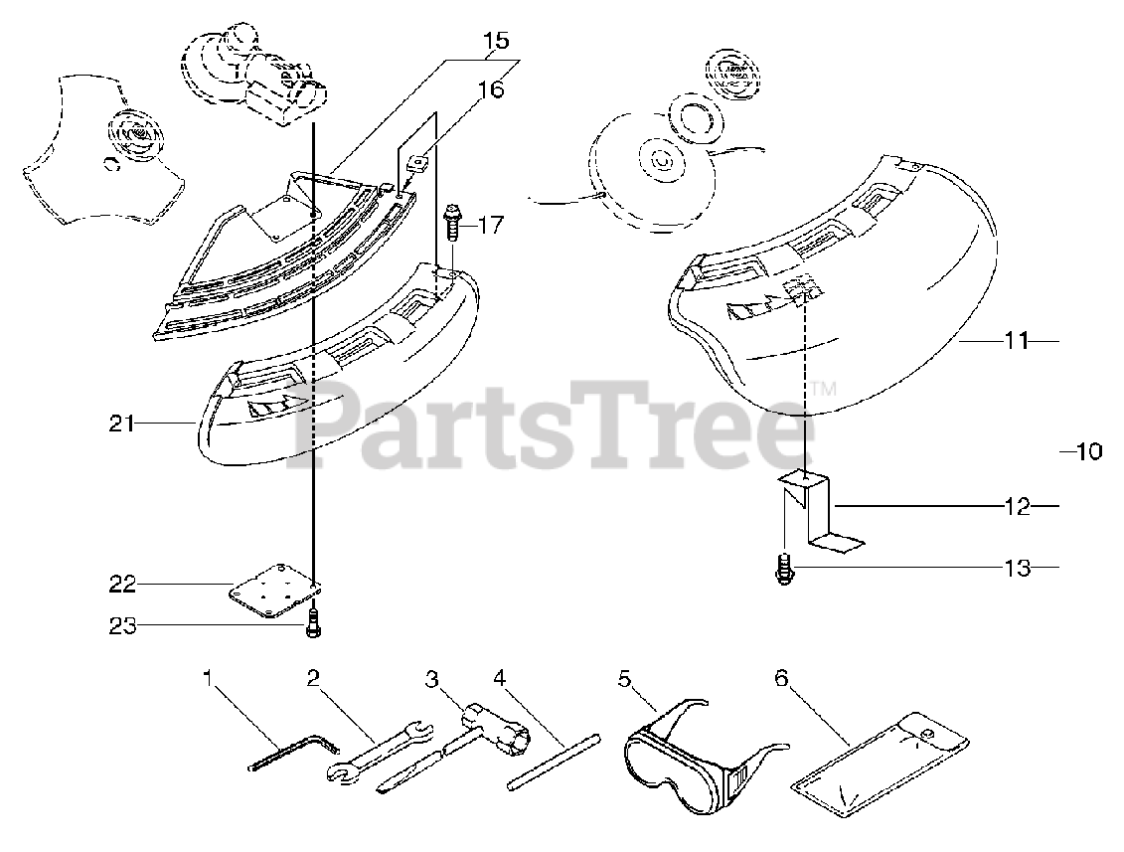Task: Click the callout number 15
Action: [495, 41]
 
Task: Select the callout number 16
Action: [491, 89]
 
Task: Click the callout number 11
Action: [1014, 341]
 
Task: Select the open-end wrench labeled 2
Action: [378, 754]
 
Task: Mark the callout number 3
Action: [431, 680]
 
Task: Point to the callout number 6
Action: [780, 678]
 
